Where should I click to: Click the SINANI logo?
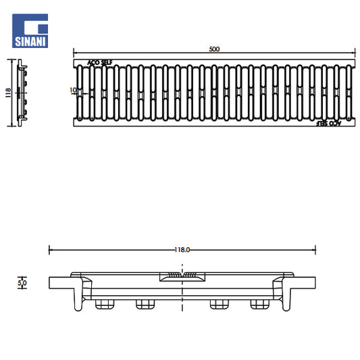click(x=30, y=31)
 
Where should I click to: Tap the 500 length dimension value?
click(x=214, y=49)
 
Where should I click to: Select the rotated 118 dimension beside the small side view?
click(x=8, y=93)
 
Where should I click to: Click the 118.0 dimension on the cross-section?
click(x=182, y=250)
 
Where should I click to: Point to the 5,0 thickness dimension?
click(x=22, y=283)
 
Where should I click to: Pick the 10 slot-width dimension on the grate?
click(x=73, y=91)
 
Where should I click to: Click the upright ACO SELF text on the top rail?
click(x=100, y=62)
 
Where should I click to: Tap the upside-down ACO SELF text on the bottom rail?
click(x=328, y=124)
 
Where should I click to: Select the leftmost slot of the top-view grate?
click(x=80, y=93)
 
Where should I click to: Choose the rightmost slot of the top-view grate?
click(x=349, y=93)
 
